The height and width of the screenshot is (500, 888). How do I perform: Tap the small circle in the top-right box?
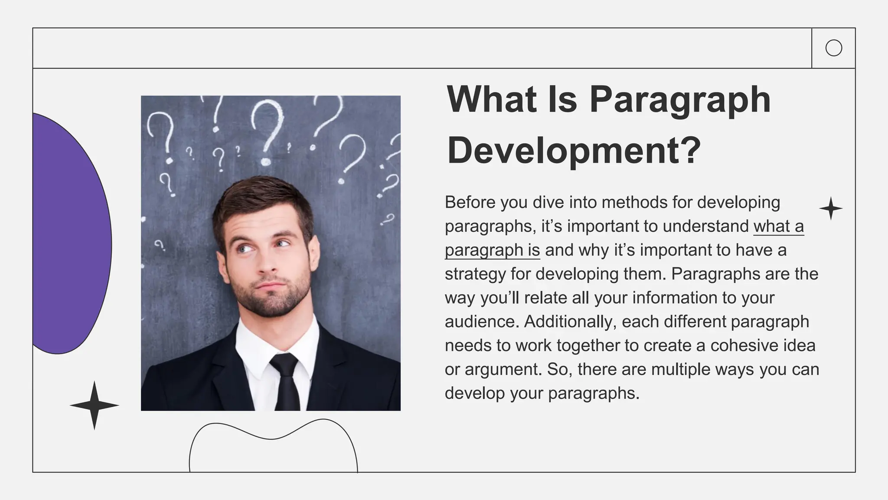coord(833,48)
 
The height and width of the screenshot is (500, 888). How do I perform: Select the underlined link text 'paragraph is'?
coord(492,250)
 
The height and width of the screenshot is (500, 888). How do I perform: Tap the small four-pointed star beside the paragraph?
coord(830,208)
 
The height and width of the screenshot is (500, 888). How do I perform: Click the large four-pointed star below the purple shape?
coord(94,405)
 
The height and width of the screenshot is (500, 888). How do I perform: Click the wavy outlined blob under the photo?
coord(273,451)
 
